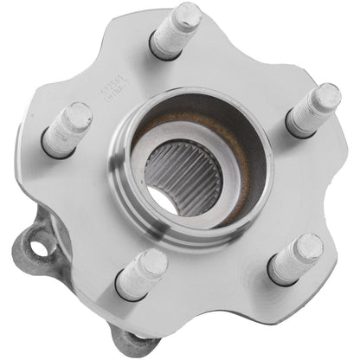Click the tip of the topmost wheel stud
188,15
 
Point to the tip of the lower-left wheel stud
154,260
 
